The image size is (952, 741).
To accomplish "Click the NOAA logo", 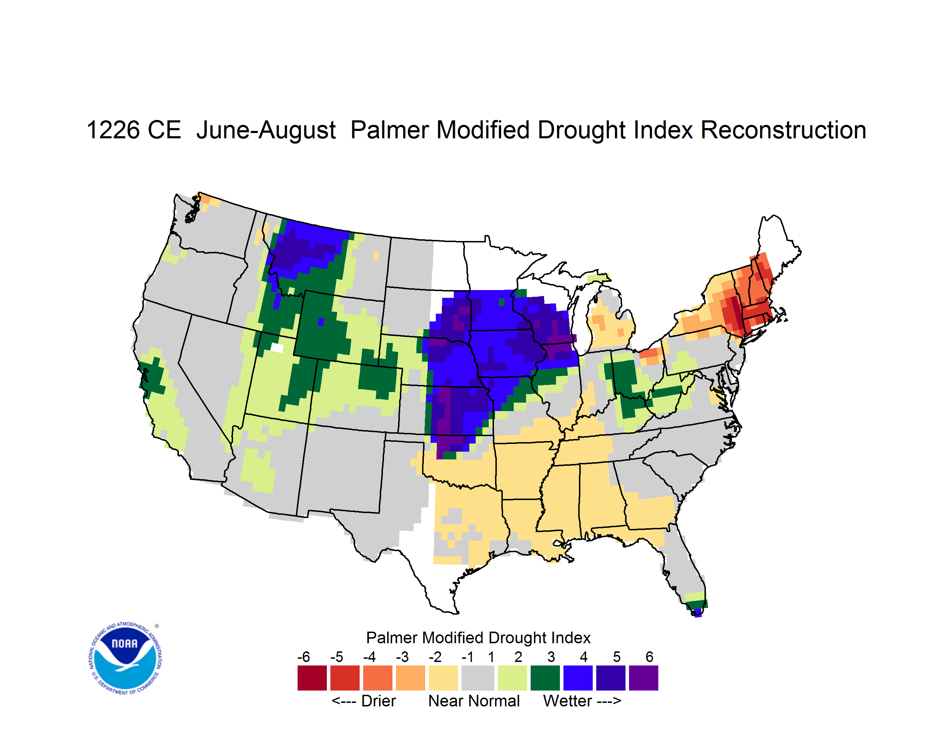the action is point(125,658).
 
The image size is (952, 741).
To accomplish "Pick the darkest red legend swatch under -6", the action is point(312,678).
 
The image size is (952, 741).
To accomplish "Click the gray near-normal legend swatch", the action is point(478,678).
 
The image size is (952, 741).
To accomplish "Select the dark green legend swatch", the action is point(545,678).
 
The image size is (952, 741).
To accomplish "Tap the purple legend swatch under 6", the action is point(643,678).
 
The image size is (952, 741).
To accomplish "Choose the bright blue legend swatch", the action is point(578,678).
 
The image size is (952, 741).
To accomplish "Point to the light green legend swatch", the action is point(512,678).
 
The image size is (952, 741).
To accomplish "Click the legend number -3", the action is point(402,657).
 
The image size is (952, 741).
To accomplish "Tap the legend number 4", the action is point(584,657).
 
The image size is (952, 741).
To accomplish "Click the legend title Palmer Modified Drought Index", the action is point(478,638).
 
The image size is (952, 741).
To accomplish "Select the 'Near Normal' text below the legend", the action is point(474,701).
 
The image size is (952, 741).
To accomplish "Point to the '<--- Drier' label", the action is point(364,701).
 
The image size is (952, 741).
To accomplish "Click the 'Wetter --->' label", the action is point(582,701).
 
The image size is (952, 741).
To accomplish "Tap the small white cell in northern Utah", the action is point(277,348).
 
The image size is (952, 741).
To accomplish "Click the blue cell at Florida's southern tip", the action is point(697,613).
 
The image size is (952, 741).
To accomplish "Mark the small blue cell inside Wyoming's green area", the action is point(321,322).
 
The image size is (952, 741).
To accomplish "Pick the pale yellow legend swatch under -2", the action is point(443,678).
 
